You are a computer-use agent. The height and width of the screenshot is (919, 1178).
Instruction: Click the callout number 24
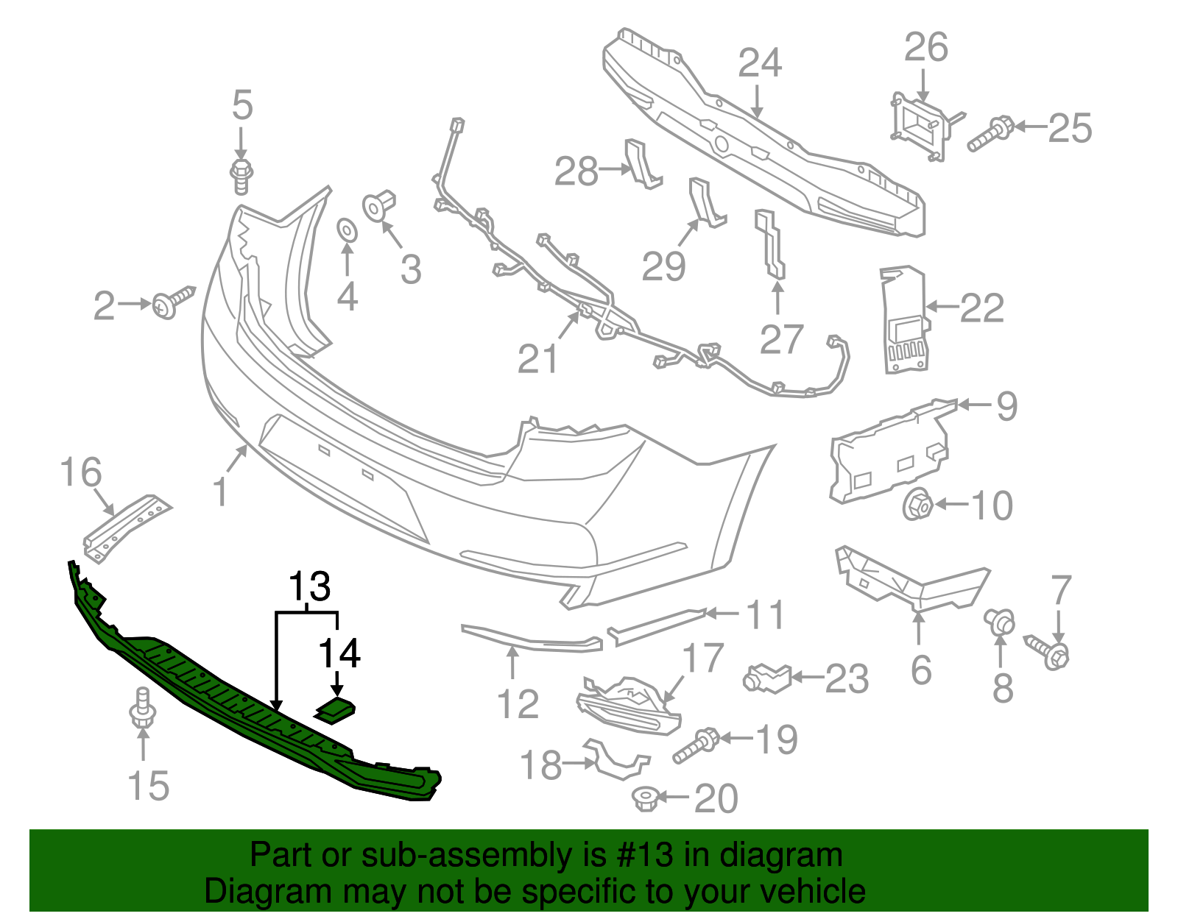point(760,63)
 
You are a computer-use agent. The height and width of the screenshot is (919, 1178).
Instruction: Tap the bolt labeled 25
point(991,134)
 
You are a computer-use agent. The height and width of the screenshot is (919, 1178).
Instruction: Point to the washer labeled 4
point(347,230)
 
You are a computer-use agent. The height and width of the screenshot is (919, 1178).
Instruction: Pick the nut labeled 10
point(917,505)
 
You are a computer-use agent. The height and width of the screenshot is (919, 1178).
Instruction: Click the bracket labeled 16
point(125,527)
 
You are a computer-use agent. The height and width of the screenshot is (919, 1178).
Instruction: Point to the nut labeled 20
point(646,798)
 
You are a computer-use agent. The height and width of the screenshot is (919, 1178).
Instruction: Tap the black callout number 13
point(309,587)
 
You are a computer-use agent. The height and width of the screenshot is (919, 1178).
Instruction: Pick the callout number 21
point(537,359)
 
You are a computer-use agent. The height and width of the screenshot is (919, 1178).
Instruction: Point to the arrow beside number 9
point(973,404)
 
